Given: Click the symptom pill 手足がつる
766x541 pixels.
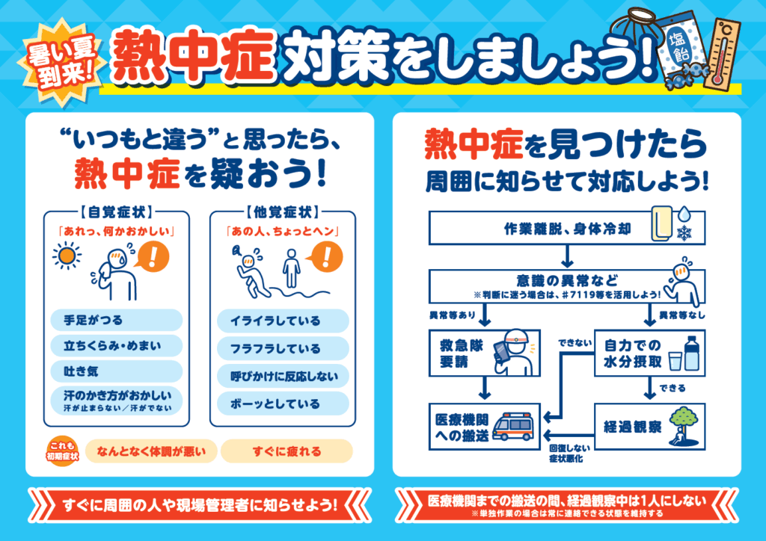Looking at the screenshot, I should tap(117, 321).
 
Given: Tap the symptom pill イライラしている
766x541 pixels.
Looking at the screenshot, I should tap(283, 321).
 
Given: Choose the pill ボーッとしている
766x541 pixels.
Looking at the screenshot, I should tap(283, 404).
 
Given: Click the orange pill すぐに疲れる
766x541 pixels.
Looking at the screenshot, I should tap(287, 451).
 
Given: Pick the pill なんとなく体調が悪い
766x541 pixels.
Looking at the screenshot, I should tap(151, 451).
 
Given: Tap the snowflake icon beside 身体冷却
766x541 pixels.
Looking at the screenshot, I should tap(684, 233).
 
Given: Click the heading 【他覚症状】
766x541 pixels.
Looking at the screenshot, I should tap(282, 211).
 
